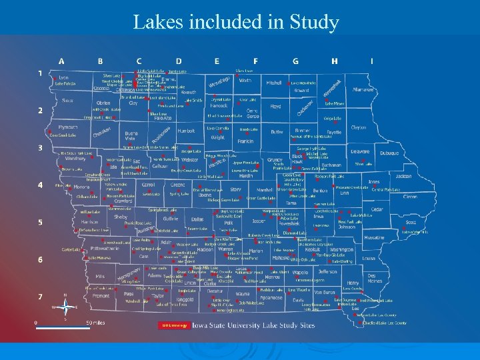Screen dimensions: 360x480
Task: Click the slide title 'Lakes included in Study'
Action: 236,22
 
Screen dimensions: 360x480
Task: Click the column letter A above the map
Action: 61,61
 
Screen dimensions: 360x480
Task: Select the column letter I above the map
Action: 372,61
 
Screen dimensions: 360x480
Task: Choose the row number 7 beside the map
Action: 40,296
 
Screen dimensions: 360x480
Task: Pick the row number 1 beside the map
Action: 40,73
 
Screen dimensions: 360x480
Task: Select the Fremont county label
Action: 101,295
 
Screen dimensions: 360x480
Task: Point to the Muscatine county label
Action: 375,237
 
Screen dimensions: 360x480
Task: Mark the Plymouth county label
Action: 68,127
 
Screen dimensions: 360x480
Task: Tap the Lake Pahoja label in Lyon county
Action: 65,85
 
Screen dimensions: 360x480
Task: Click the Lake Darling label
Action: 341,261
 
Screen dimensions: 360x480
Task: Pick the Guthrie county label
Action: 170,219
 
